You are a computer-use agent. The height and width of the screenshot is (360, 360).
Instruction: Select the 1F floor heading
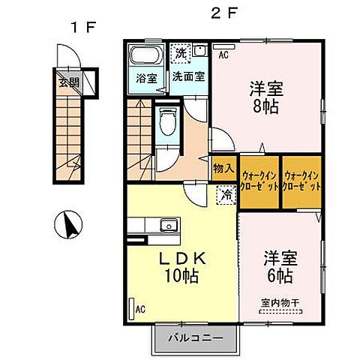pos(83,28)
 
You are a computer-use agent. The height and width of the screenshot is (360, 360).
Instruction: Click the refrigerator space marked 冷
pos(224,195)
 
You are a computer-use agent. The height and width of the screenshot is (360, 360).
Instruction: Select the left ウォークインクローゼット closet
pos(260,180)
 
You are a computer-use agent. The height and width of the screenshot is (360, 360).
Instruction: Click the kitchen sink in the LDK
pos(166,224)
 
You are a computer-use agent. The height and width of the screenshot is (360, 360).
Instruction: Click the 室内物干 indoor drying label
pos(280,303)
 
